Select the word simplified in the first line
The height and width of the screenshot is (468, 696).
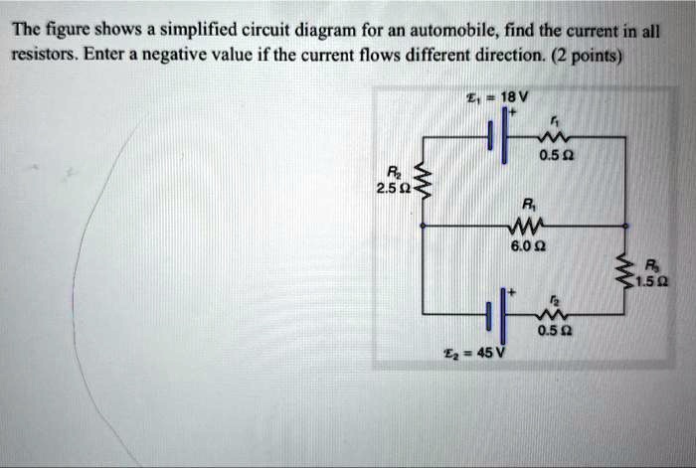pos(143,31)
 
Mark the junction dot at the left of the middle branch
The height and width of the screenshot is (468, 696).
pos(424,226)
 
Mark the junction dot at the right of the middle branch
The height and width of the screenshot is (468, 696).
pos(625,226)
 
